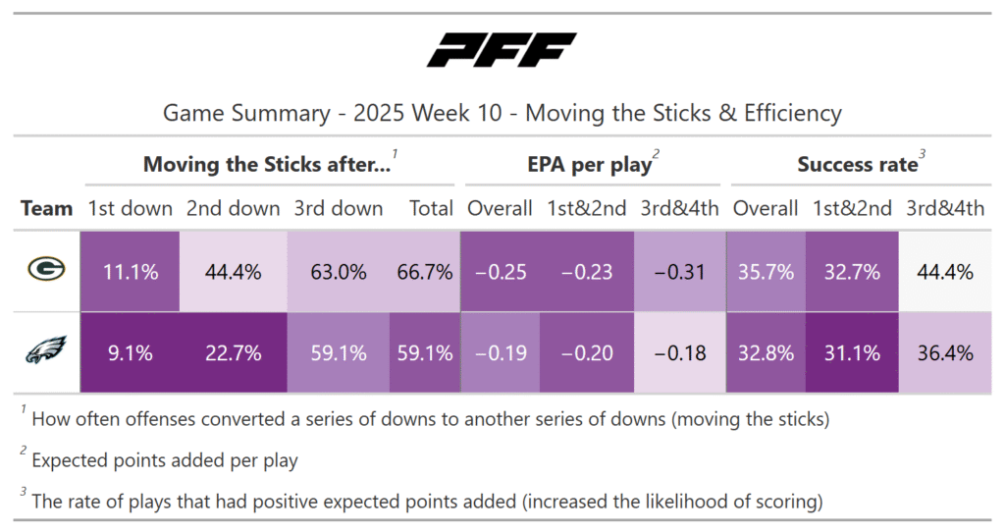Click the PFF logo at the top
click(x=502, y=50)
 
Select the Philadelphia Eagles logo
click(x=46, y=351)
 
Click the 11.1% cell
click(x=132, y=272)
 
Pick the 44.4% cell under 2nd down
click(x=234, y=272)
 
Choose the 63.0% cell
click(x=339, y=272)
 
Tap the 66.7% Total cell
click(x=424, y=272)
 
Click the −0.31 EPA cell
click(x=679, y=272)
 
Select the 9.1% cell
click(x=132, y=352)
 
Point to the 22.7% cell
click(x=234, y=352)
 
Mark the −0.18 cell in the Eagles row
click(x=679, y=352)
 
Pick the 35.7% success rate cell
click(x=766, y=272)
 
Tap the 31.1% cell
click(x=852, y=352)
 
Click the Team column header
click(x=47, y=208)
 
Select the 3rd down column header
click(x=339, y=208)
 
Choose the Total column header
click(x=431, y=208)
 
